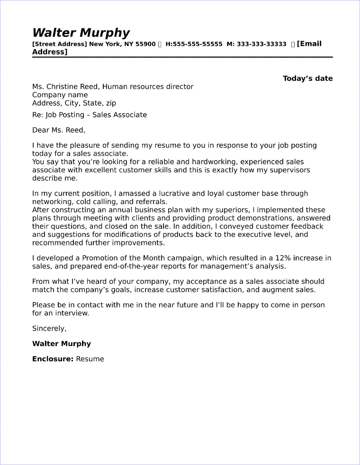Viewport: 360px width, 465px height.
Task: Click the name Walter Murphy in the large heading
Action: [81, 33]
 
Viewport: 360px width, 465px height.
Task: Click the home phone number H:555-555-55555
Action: [194, 44]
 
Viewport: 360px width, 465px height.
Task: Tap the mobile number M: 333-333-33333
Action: [256, 44]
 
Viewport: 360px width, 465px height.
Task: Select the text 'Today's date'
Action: [307, 79]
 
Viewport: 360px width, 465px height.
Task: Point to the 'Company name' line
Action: [60, 95]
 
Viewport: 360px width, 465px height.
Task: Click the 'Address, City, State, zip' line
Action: [74, 103]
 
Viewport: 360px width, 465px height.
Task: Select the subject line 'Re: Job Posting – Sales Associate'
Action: [90, 115]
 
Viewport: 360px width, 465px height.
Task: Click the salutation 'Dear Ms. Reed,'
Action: [59, 130]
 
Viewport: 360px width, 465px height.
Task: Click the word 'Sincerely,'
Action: [49, 328]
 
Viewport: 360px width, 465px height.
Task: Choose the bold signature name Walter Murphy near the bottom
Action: [61, 344]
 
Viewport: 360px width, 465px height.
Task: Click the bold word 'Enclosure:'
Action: [53, 359]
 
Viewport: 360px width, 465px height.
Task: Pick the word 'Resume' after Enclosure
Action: [90, 359]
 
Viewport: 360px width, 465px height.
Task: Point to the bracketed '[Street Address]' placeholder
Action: [59, 44]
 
